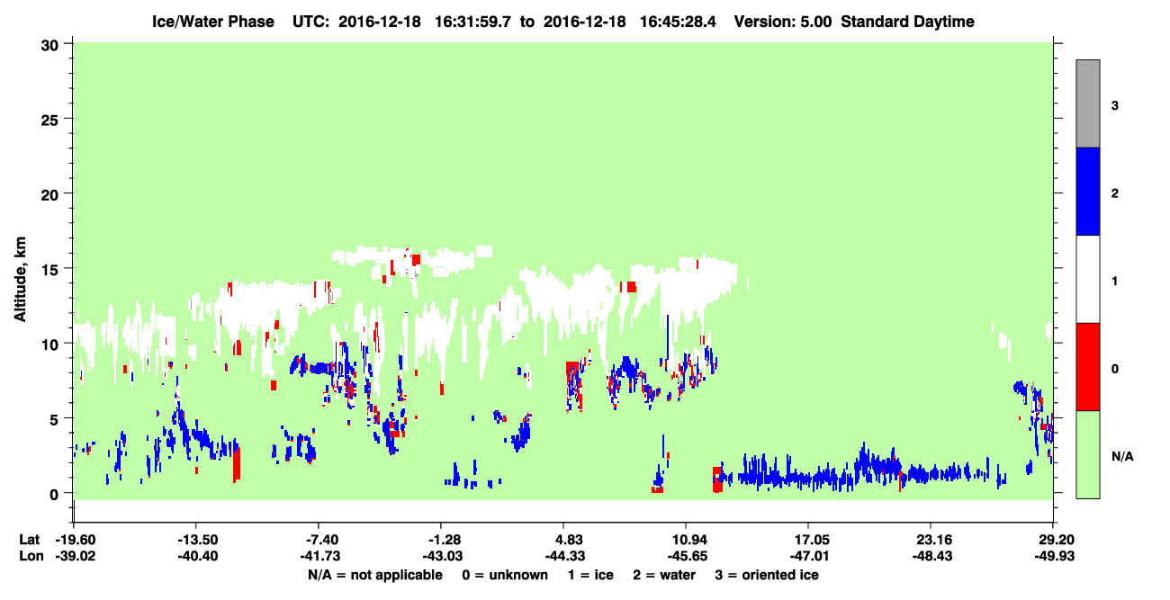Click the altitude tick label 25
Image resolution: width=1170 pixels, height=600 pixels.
[49, 121]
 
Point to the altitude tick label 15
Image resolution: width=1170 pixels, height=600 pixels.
[49, 271]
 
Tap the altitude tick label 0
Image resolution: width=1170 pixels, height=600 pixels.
[54, 495]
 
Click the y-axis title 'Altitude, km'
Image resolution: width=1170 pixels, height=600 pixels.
[20, 279]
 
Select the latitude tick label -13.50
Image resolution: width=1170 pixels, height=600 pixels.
[197, 540]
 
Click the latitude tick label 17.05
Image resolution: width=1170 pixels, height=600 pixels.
[809, 540]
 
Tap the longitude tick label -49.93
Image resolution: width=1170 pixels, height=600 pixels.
[1055, 556]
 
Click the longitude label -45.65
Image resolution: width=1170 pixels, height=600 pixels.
[687, 556]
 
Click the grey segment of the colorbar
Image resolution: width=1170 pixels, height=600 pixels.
[1087, 103]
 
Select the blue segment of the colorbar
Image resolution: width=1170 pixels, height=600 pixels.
[1087, 191]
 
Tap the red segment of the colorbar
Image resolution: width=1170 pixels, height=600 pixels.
[1087, 367]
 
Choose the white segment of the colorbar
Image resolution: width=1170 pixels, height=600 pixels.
[1087, 279]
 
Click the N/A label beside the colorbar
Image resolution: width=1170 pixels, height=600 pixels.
[1122, 457]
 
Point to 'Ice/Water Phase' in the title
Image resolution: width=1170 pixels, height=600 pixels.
[213, 22]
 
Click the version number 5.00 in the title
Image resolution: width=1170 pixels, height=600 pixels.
[815, 22]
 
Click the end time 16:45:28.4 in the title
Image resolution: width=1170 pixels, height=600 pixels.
[678, 22]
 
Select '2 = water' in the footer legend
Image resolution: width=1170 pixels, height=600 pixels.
[664, 575]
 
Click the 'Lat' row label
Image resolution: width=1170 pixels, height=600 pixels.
[29, 540]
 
